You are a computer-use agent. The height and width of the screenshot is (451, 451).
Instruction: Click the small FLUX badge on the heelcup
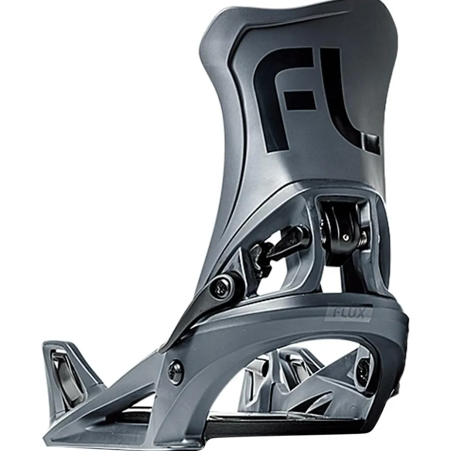tap(349, 313)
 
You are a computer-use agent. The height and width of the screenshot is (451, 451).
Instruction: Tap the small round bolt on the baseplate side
tap(176, 371)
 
